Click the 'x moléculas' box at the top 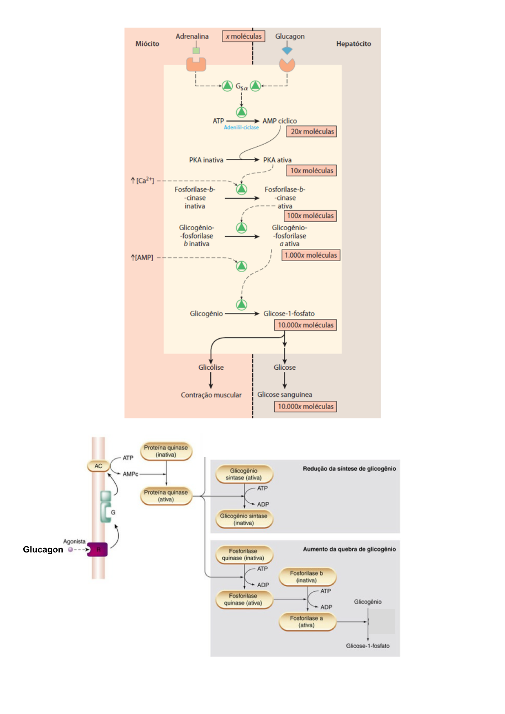tap(243, 36)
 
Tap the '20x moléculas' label tap(312, 131)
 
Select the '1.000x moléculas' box tap(310, 255)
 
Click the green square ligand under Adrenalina tap(196, 51)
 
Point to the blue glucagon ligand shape tap(287, 50)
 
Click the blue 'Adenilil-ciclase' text tap(241, 128)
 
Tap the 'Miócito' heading tap(147, 44)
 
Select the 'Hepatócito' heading tap(353, 44)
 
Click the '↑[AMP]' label tap(142, 257)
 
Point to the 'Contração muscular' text tap(211, 395)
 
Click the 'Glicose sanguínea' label tap(285, 394)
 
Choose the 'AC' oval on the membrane tap(98, 466)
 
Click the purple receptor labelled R tap(98, 549)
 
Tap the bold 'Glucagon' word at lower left tap(43, 549)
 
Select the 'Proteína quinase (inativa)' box tap(166, 451)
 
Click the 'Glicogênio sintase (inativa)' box tap(243, 519)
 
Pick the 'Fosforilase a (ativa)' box tap(307, 622)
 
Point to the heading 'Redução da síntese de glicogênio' tap(349, 469)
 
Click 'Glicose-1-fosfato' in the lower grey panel tap(368, 646)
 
